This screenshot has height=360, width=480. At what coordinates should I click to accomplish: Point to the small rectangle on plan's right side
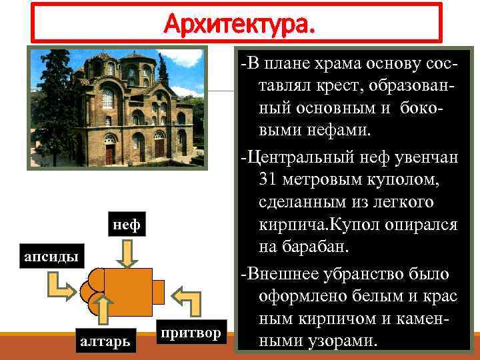click(159, 291)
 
